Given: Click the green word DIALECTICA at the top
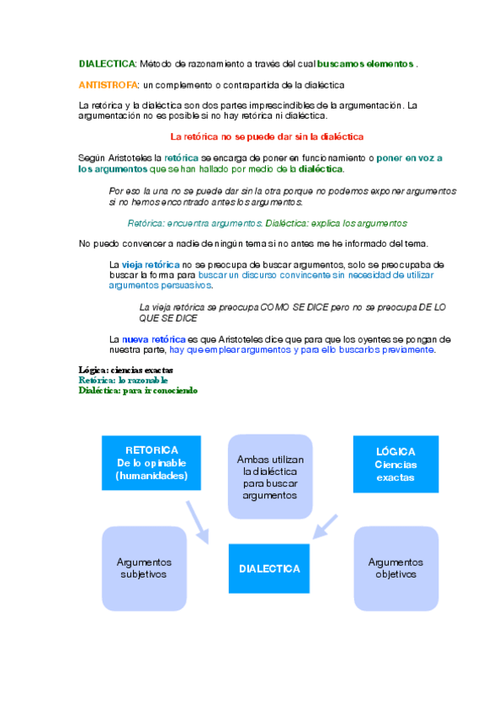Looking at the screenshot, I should pyautogui.click(x=107, y=64).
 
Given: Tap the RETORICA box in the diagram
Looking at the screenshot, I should pyautogui.click(x=151, y=463).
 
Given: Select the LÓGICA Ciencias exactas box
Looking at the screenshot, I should pyautogui.click(x=395, y=464).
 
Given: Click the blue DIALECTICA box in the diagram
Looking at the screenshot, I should pyautogui.click(x=269, y=569).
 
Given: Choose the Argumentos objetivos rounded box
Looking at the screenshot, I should pyautogui.click(x=395, y=568).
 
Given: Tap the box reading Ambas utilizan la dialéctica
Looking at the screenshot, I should pyautogui.click(x=269, y=477).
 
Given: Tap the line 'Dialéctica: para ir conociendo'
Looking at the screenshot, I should pyautogui.click(x=138, y=391).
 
